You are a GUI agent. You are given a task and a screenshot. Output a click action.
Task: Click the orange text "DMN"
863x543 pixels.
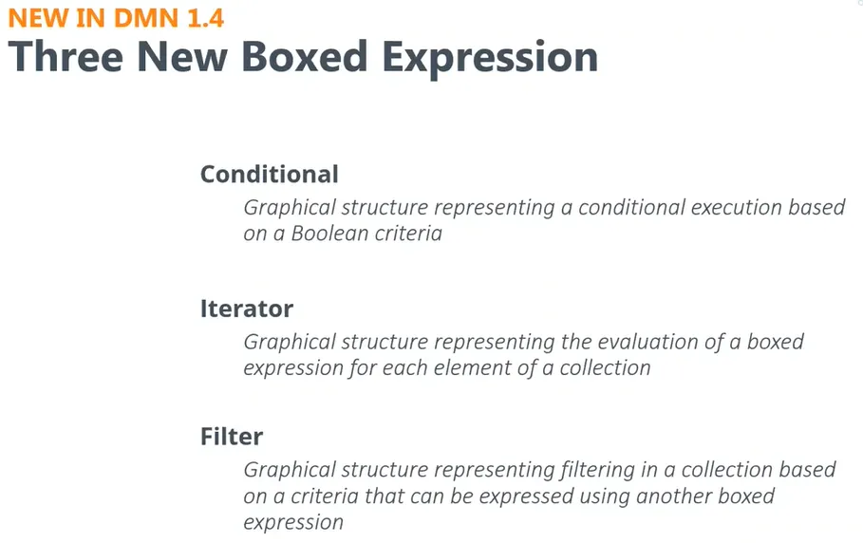146,18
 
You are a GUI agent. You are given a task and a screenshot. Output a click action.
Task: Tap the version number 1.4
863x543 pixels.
205,18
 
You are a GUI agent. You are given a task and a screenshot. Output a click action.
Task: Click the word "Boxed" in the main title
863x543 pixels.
305,57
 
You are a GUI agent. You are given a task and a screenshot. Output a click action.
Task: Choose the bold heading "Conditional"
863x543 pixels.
269,175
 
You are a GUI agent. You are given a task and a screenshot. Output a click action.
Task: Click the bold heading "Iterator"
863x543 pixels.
247,309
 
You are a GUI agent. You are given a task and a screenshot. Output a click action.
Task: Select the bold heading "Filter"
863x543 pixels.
232,437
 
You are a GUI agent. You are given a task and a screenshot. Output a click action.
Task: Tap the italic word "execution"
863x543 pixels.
736,207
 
